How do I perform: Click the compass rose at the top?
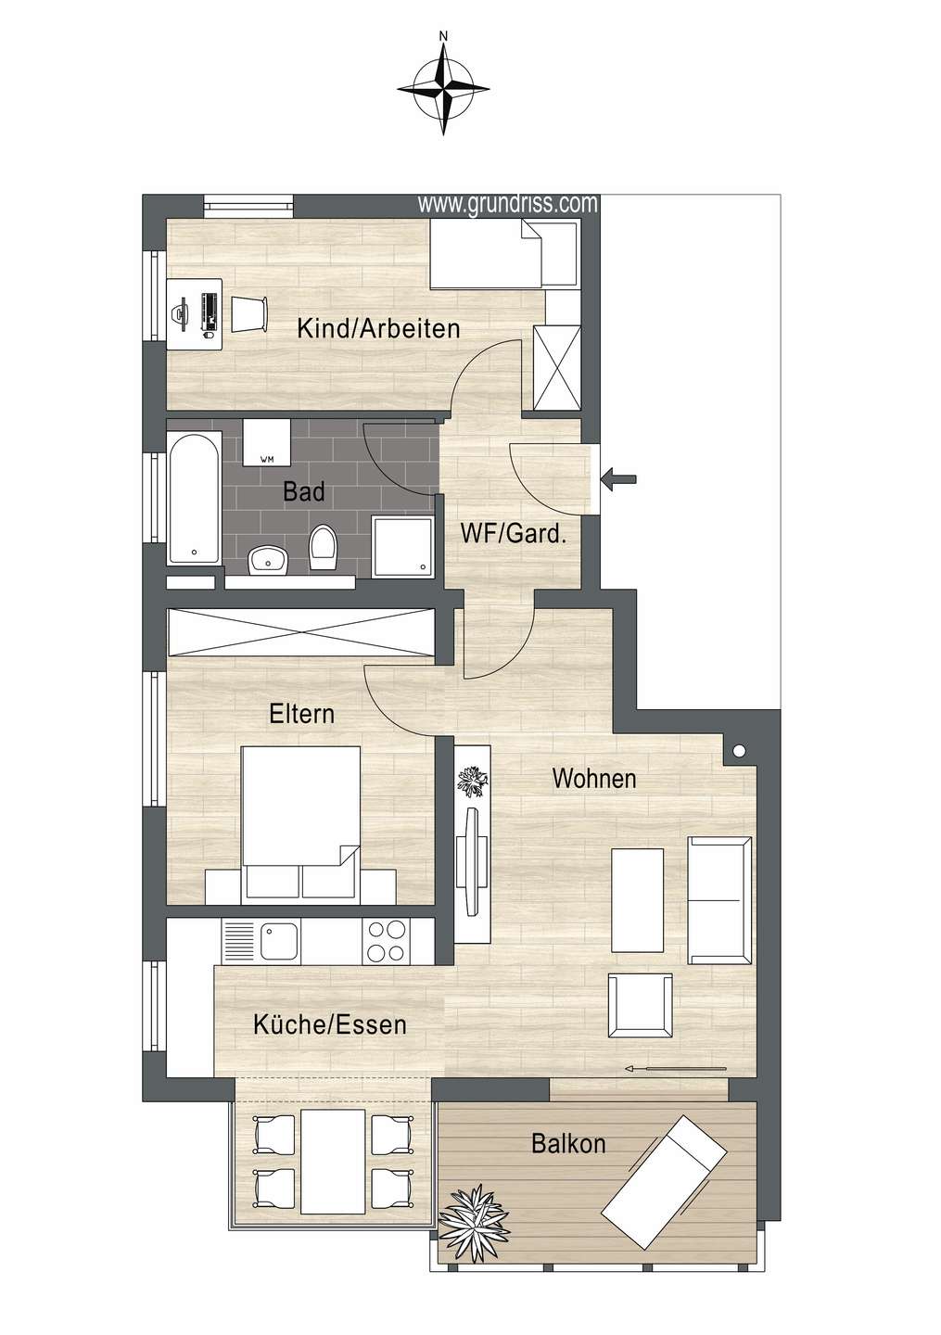(x=443, y=90)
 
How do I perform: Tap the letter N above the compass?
(x=443, y=36)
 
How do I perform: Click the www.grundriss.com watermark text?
(x=507, y=204)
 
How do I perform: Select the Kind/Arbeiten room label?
(x=378, y=328)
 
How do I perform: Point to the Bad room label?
(x=304, y=491)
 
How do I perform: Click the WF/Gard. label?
(x=513, y=534)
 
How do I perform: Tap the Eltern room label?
(x=301, y=714)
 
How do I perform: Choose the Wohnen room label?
(x=594, y=779)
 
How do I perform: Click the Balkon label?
(x=568, y=1144)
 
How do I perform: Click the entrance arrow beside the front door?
(x=619, y=478)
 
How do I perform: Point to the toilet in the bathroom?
(x=324, y=548)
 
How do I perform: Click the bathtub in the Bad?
(x=195, y=497)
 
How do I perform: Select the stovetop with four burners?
(x=387, y=941)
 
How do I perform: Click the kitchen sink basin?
(x=279, y=940)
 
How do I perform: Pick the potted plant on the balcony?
(x=474, y=1219)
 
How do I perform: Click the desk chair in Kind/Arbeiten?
(x=249, y=314)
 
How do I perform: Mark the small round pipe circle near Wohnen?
(x=739, y=752)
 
